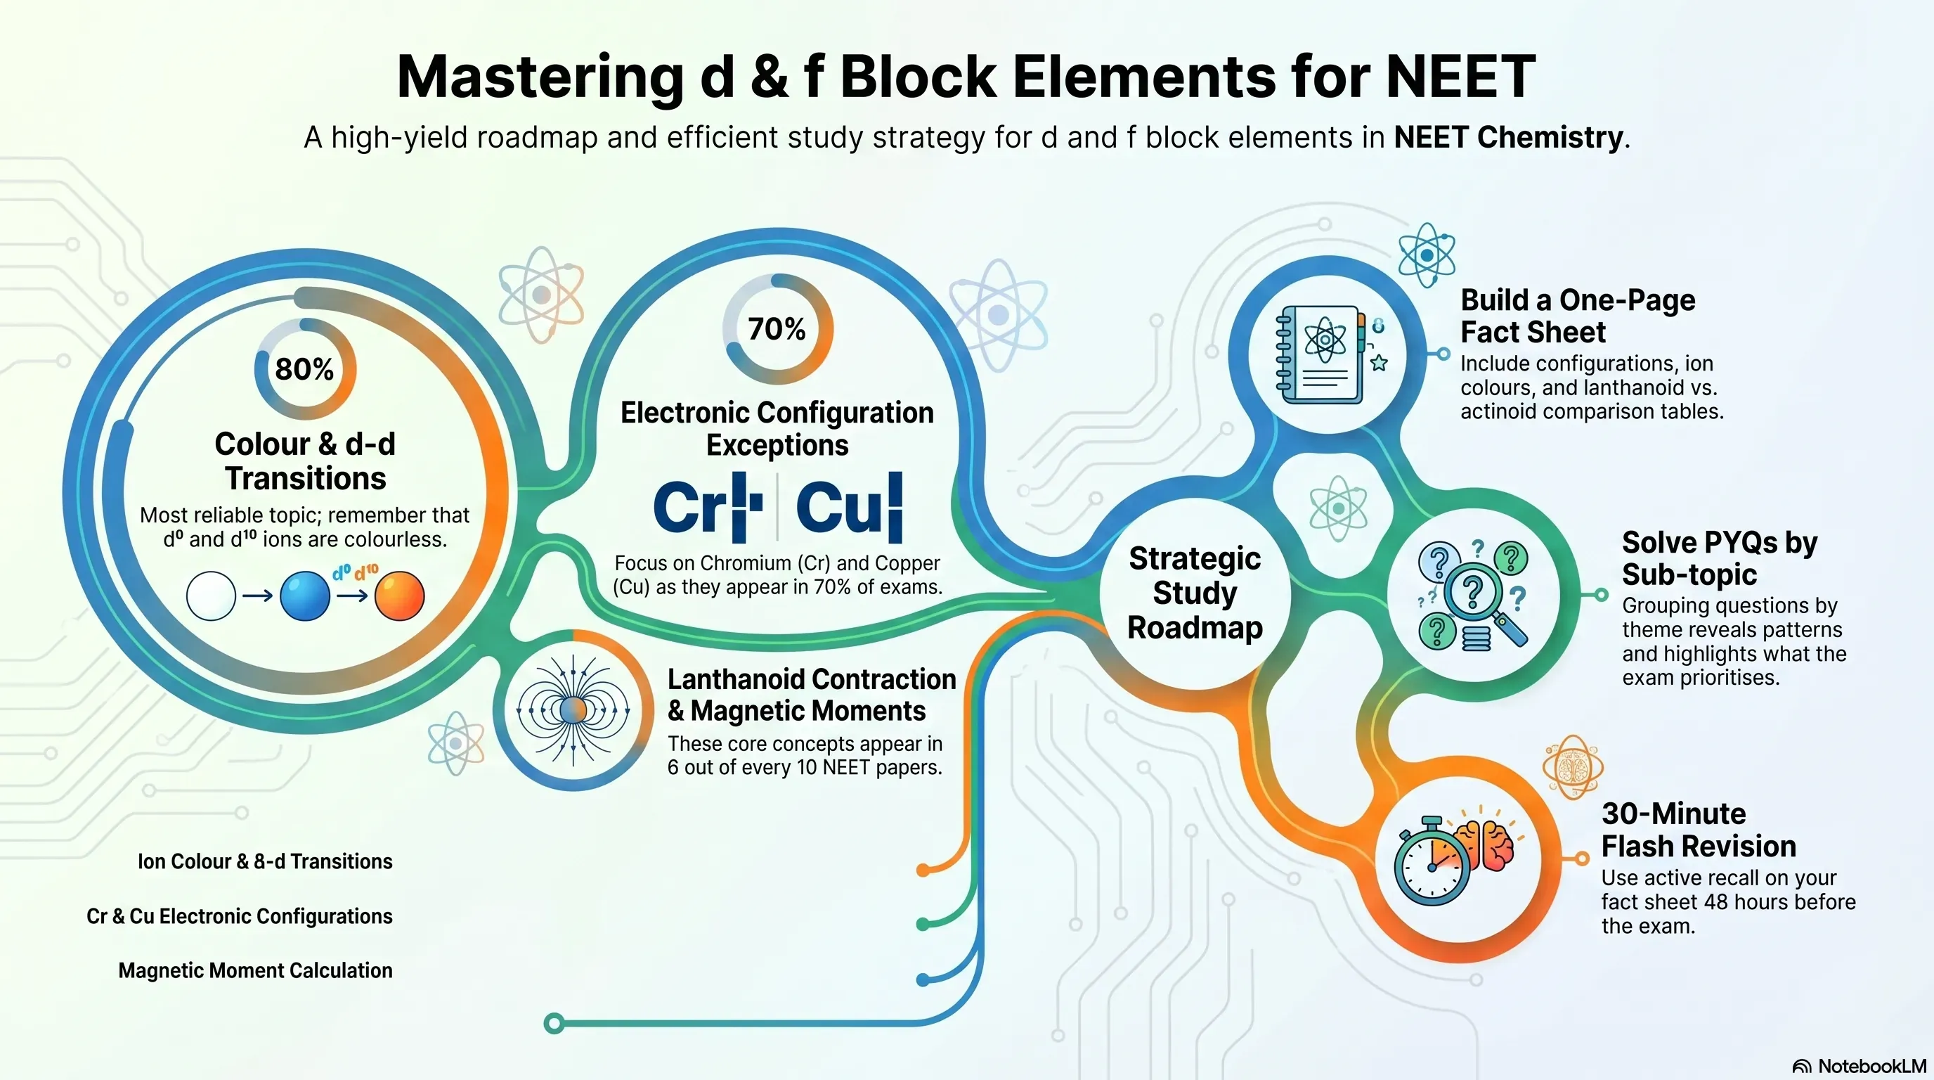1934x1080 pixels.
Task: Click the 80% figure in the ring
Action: (x=305, y=368)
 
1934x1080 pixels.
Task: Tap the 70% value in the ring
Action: (x=777, y=329)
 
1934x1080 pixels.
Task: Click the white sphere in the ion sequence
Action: (x=211, y=596)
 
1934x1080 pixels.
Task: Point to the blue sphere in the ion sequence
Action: (x=305, y=596)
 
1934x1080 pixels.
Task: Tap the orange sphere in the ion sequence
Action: (x=399, y=596)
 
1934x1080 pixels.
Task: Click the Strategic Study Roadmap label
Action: (x=1195, y=593)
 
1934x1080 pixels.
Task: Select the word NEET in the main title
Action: (x=1461, y=77)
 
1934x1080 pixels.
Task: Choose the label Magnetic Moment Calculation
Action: (x=255, y=970)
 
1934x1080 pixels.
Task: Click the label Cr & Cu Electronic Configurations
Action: (x=240, y=916)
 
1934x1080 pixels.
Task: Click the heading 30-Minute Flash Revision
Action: (x=1699, y=830)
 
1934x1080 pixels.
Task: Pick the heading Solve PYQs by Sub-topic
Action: (x=1719, y=558)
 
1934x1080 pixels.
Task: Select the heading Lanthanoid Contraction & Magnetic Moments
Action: (x=812, y=695)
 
